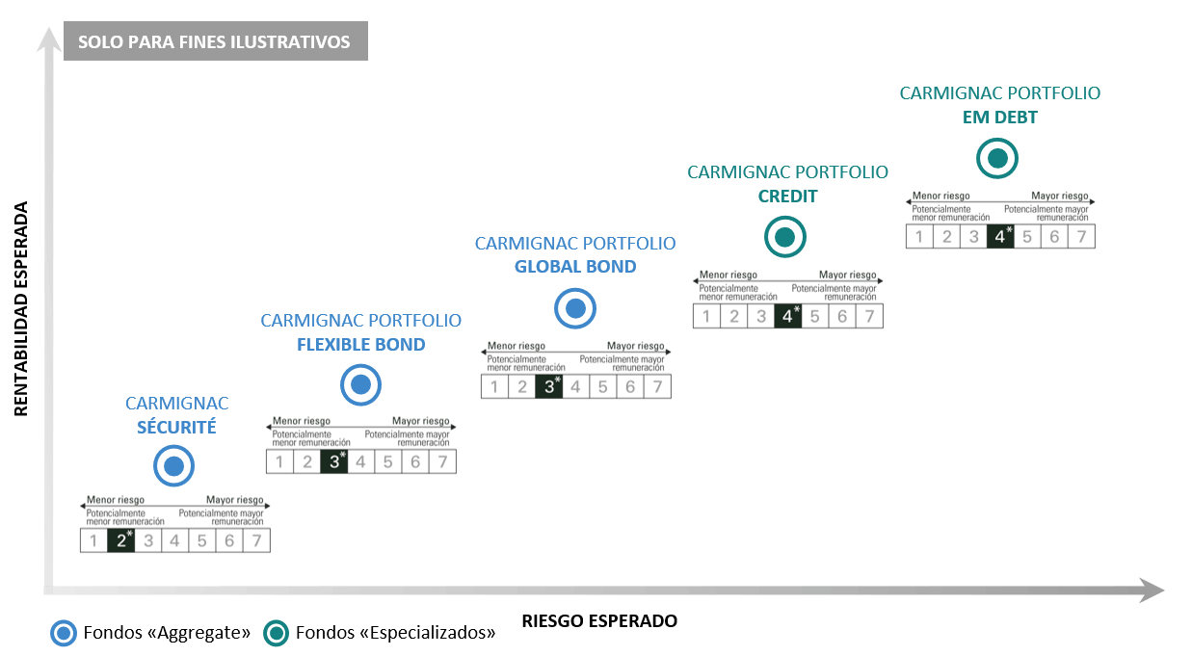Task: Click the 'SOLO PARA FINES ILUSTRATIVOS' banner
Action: coord(215,43)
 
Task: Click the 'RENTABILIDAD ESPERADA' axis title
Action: coord(21,308)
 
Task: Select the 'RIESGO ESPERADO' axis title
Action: coord(598,621)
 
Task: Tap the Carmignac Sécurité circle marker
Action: coord(174,467)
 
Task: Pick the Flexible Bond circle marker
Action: coord(361,385)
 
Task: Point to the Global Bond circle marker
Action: coord(575,309)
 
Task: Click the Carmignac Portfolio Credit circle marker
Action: coord(784,236)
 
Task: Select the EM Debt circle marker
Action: coord(996,158)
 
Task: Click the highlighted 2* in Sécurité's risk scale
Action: coord(121,540)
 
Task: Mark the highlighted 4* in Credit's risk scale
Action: coord(789,315)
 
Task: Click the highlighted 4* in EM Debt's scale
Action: coord(1002,236)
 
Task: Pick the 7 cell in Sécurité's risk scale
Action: coord(256,540)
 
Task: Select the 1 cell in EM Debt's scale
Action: coord(919,236)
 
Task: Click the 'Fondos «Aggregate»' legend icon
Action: coord(64,633)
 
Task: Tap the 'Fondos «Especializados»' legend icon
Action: coord(277,633)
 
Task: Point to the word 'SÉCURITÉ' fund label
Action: coord(176,428)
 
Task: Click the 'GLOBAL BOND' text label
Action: coord(575,267)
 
